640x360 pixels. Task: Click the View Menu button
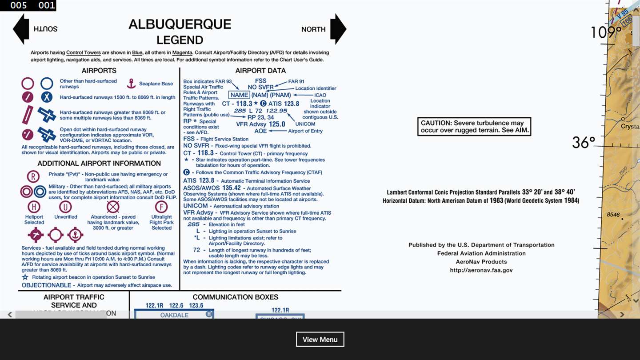(320, 339)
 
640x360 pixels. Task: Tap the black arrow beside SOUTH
(21, 29)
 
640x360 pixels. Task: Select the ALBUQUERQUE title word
(180, 24)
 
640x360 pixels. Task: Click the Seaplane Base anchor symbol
(131, 83)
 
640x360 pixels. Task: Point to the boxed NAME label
(239, 95)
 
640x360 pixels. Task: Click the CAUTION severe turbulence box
(474, 127)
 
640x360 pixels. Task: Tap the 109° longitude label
(606, 32)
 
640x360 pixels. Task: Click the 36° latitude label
(583, 143)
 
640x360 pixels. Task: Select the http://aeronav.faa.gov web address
(481, 270)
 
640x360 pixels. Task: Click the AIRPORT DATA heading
(260, 71)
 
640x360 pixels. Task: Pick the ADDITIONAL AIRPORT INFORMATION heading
(99, 164)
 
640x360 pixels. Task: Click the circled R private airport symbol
(33, 176)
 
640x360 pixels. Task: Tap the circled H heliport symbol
(34, 207)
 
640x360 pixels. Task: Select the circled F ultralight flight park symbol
(161, 207)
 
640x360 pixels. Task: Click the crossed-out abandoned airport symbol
(113, 207)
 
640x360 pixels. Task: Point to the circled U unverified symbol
(65, 207)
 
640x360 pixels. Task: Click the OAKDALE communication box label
(174, 315)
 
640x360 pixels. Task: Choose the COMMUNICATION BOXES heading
(236, 297)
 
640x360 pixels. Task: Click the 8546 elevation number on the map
(613, 215)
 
